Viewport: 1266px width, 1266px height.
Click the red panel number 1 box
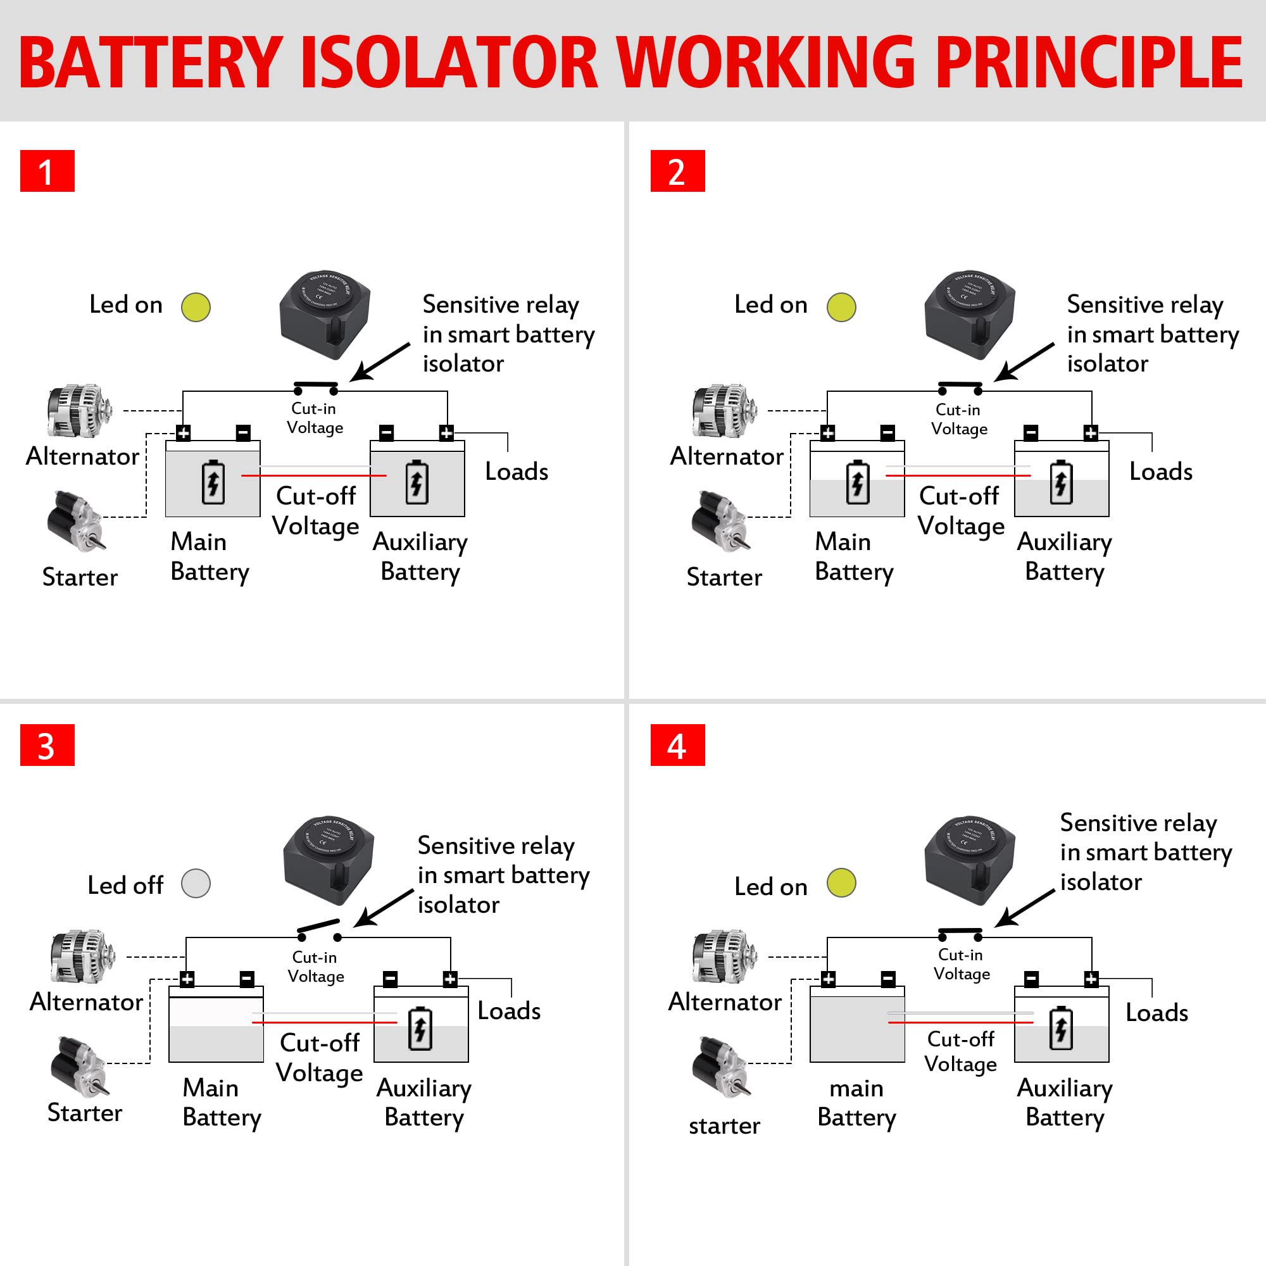[47, 171]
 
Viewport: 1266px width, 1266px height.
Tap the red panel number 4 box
[677, 745]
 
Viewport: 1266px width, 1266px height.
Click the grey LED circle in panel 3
[196, 883]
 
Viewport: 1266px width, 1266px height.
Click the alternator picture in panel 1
[78, 411]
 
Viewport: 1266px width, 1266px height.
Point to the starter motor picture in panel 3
[78, 1067]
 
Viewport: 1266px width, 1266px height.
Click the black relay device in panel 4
[970, 860]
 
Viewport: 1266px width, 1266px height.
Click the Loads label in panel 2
[1160, 472]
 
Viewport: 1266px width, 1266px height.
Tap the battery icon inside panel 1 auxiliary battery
[417, 482]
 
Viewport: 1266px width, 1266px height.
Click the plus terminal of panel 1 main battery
[184, 432]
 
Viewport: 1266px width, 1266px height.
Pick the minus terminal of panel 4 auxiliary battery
[1031, 979]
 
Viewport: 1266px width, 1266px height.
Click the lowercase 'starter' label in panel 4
[724, 1125]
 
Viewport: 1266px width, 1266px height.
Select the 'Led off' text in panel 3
[125, 886]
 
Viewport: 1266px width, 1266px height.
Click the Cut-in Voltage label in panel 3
[315, 967]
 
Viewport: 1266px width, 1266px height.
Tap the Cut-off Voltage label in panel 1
[316, 511]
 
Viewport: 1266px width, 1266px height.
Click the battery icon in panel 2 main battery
[857, 482]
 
